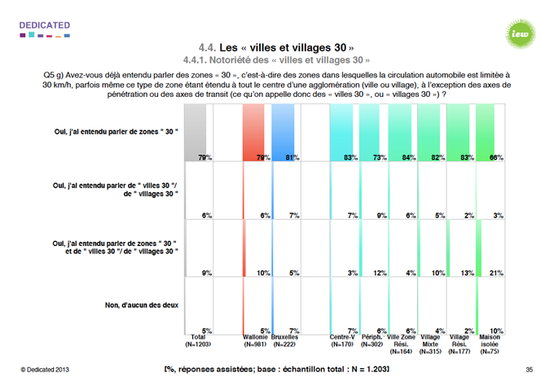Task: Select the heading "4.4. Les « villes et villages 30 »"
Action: [276, 48]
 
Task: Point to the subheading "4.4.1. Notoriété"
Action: [276, 60]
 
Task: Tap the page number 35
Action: [529, 371]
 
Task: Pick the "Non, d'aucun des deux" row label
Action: [143, 305]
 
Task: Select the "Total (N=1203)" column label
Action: [198, 340]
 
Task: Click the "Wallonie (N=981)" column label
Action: [255, 340]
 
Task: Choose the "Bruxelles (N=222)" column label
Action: [284, 340]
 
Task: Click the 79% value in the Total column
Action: [204, 156]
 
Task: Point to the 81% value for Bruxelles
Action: [292, 156]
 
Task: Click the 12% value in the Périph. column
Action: [378, 272]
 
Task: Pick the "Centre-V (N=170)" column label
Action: [341, 340]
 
